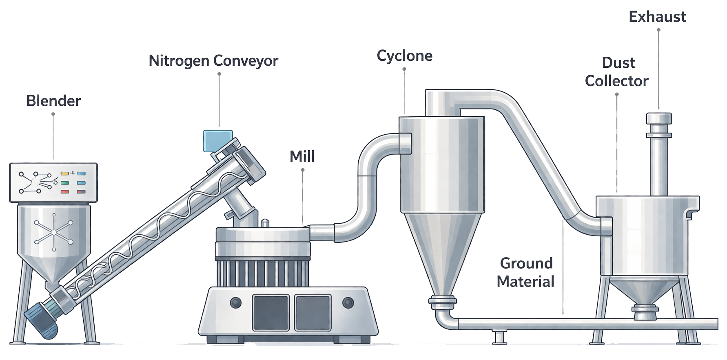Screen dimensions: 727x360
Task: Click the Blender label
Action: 53,101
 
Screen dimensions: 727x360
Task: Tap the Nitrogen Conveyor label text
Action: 213,61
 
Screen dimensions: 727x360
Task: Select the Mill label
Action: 302,156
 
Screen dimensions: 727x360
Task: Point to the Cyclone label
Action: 404,56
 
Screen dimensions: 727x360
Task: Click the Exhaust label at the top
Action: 657,17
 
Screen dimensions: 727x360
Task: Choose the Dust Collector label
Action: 616,72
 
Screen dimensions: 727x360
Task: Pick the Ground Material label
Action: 526,272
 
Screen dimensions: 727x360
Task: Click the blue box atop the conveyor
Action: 218,141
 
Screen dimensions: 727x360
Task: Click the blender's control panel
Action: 53,182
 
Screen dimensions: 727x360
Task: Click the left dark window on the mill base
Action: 270,312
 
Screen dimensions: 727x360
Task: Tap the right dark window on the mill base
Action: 313,312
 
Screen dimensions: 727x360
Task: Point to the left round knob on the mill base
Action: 235,303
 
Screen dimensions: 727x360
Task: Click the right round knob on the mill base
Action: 348,303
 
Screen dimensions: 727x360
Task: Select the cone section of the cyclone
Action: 443,253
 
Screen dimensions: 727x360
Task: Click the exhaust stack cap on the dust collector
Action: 658,118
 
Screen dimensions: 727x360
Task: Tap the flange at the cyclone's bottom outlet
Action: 442,301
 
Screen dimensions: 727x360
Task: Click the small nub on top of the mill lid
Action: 265,223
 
